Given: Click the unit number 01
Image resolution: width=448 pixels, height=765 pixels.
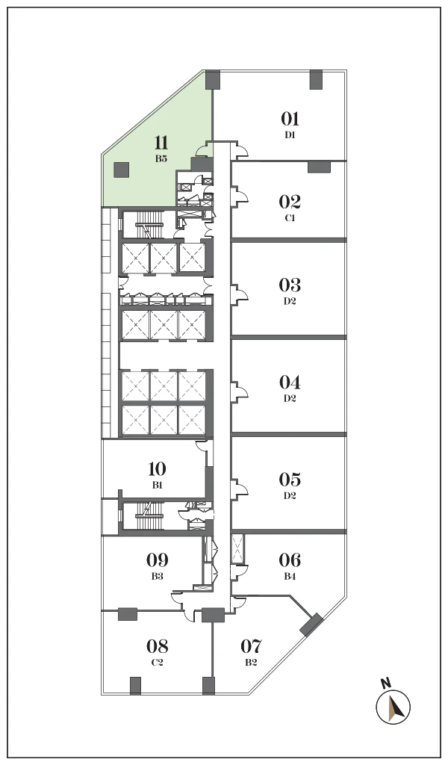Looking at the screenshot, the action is tap(290, 119).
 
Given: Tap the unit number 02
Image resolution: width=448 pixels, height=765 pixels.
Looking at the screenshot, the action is tap(290, 202).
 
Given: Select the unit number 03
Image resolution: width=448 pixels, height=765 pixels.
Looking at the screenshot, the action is tap(290, 285).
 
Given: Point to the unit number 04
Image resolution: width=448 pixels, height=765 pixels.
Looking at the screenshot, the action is tap(290, 382).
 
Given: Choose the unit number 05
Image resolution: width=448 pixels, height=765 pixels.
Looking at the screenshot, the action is tap(290, 480).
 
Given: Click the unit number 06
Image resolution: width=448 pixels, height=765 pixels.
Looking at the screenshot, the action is tap(290, 560).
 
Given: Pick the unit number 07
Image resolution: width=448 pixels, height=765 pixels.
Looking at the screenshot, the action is tap(252, 646).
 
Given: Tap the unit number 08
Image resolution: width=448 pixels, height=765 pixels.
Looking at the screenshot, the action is tap(157, 646).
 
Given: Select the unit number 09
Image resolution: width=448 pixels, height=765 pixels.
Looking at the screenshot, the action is tap(157, 560).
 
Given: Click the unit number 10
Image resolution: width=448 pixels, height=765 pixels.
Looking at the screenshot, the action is tap(157, 469).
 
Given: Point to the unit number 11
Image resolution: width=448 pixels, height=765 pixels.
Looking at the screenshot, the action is tap(161, 143).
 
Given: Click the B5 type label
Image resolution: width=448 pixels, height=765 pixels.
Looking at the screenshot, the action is tap(161, 158).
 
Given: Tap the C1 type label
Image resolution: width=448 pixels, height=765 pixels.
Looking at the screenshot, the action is tap(290, 218).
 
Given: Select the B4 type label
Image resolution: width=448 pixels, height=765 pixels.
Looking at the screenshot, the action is tap(290, 576).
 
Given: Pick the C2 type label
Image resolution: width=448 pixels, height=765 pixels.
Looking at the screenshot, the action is tap(157, 663).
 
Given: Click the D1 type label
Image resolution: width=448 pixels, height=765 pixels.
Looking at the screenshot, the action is tap(290, 135).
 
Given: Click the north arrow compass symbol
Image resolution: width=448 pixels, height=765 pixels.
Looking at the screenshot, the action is tap(393, 707).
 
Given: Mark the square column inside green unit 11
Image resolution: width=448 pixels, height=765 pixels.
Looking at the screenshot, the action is tap(121, 170).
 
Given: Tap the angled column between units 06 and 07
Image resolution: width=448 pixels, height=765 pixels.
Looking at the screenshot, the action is tap(311, 625).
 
